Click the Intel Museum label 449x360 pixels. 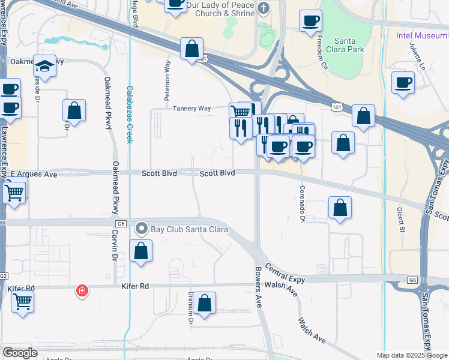click(x=421, y=35)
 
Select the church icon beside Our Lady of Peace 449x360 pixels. click(x=263, y=8)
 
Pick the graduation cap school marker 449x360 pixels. click(x=44, y=65)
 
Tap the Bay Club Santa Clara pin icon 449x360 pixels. click(x=141, y=229)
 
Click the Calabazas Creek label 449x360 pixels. click(x=129, y=114)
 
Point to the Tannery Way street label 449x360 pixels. click(x=191, y=109)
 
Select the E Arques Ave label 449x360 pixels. click(x=34, y=174)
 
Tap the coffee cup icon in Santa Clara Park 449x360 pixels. click(x=311, y=21)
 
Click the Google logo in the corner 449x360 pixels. click(x=20, y=353)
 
